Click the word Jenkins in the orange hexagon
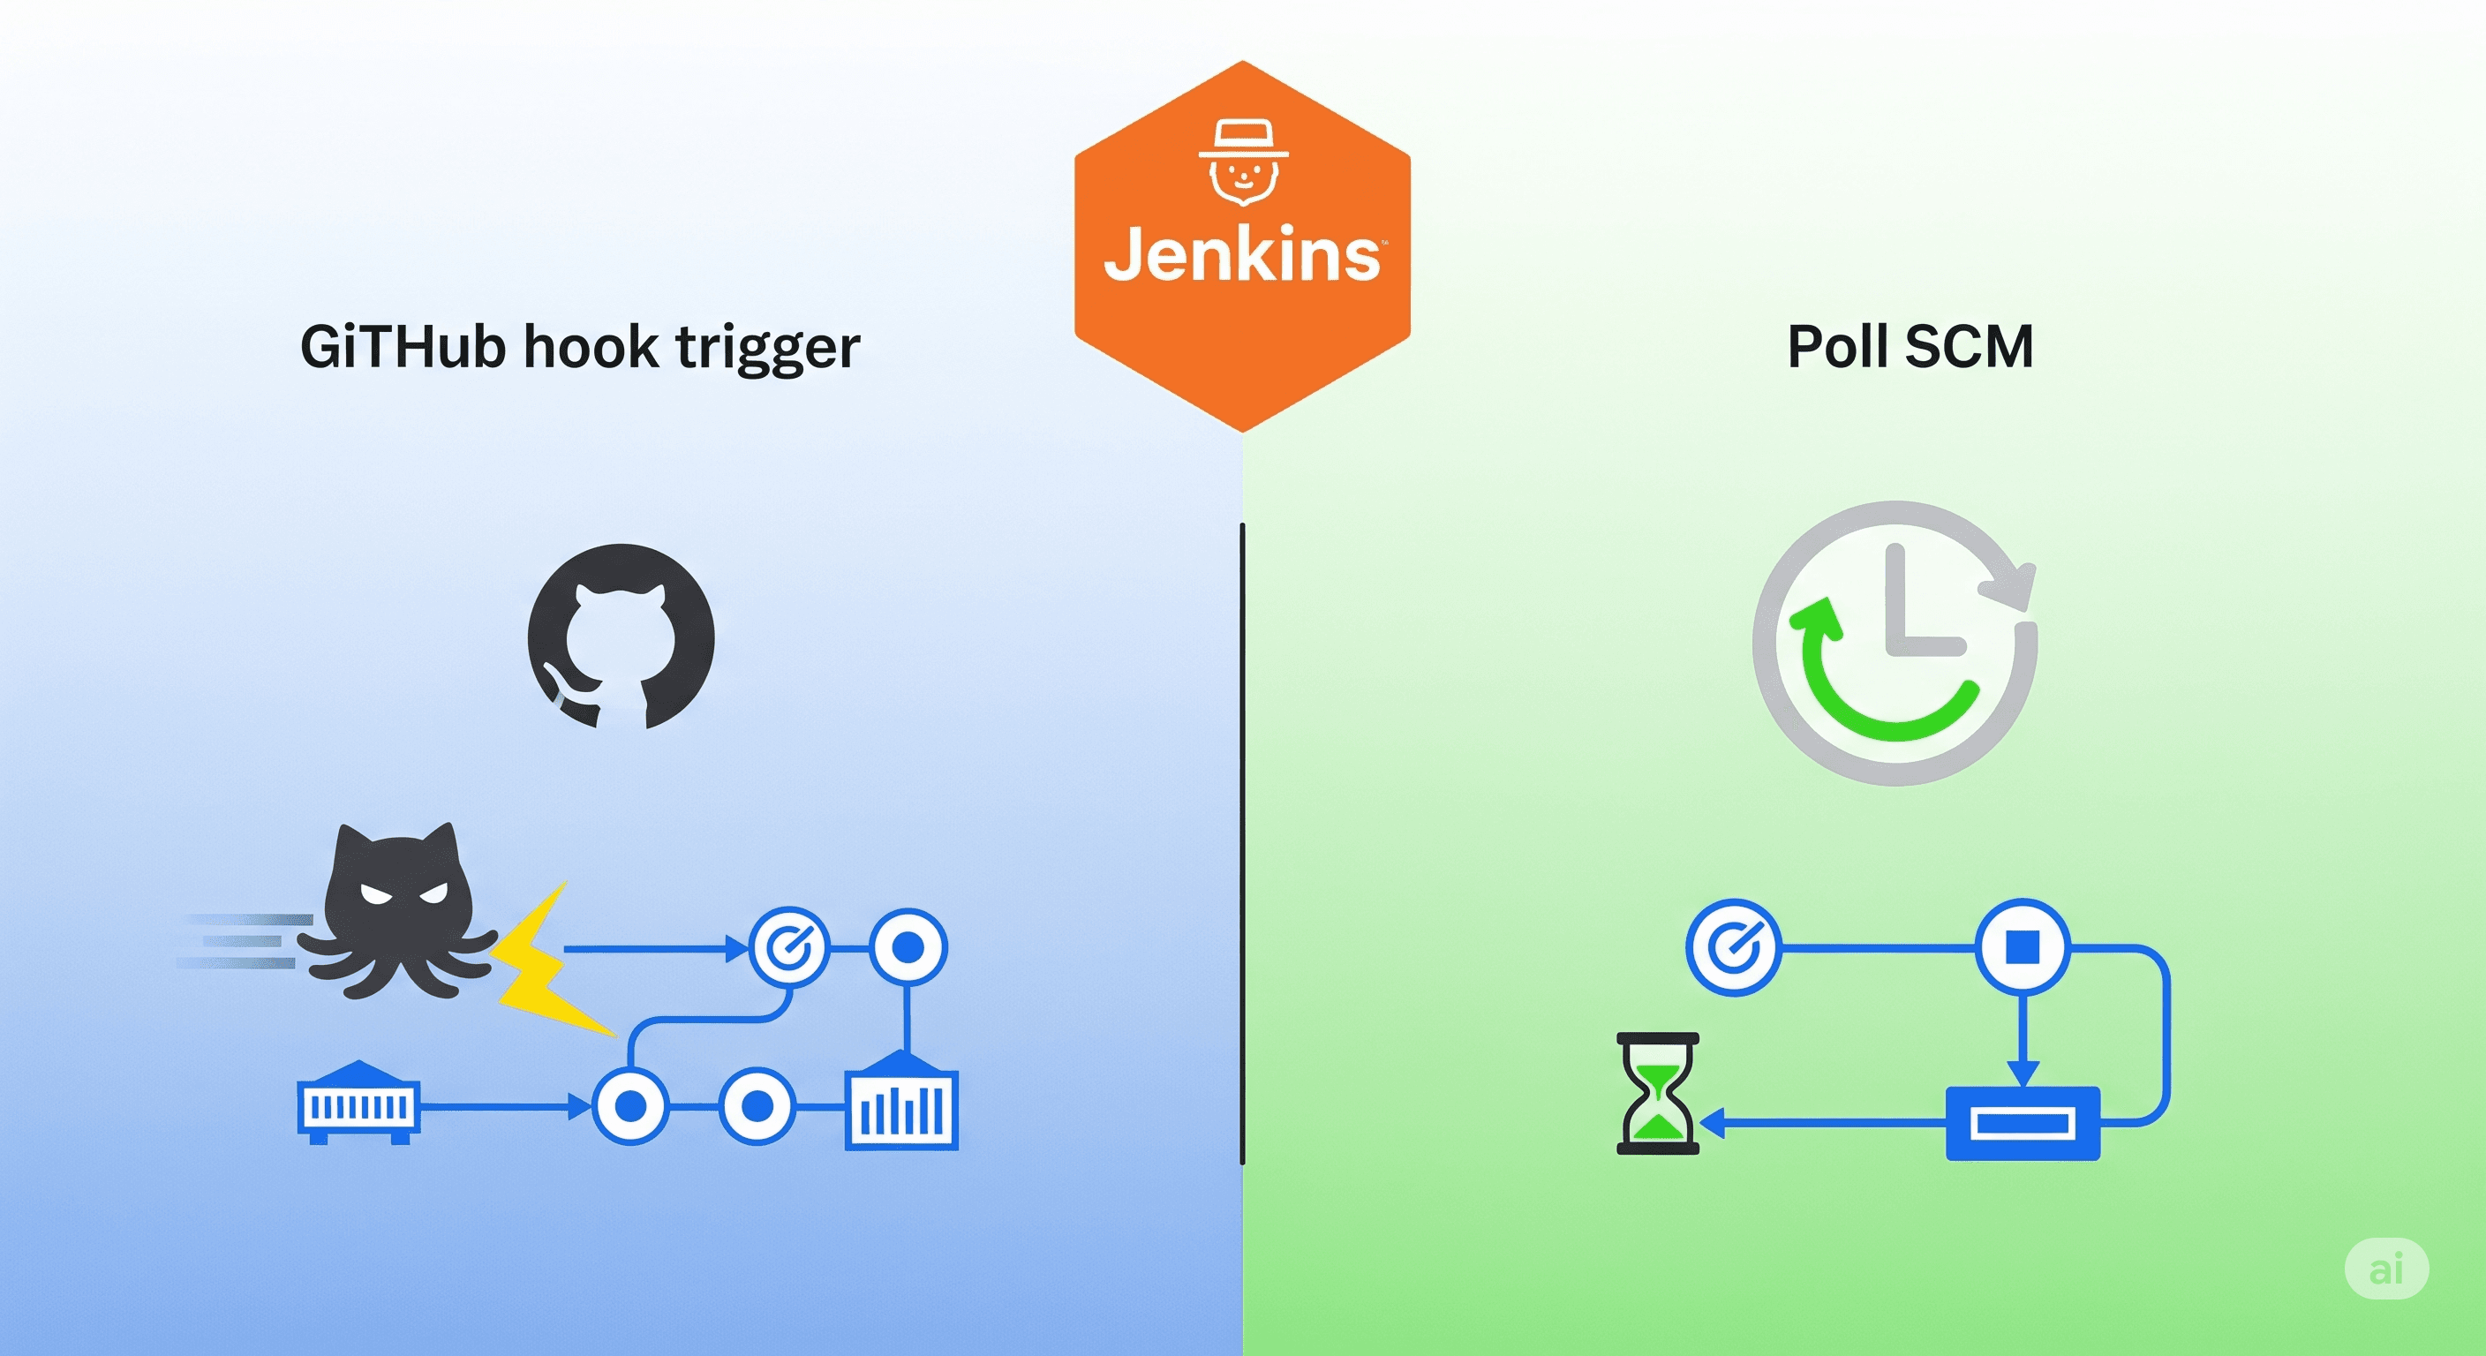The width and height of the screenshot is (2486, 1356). point(1242,255)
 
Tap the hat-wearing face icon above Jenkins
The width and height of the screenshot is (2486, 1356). point(1243,163)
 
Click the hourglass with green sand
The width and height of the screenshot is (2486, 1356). point(1657,1094)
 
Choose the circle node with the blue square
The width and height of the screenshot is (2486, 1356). point(2022,946)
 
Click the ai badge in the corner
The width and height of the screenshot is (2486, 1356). point(2385,1269)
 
